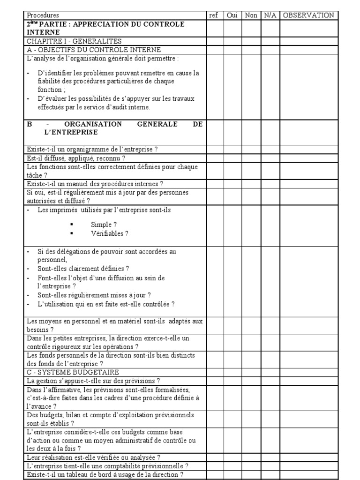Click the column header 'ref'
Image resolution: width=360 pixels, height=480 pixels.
[214, 15]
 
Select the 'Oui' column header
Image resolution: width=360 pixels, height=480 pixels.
[232, 15]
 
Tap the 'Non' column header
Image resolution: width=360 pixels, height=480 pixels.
[251, 15]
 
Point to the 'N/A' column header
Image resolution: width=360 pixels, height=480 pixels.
[270, 15]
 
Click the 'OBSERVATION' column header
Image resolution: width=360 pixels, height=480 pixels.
[308, 15]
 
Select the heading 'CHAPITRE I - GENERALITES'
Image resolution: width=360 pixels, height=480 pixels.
[67, 41]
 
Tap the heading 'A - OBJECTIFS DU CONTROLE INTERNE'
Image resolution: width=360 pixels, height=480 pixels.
[94, 50]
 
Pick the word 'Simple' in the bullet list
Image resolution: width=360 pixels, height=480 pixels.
[101, 225]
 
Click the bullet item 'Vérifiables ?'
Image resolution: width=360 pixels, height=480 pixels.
[110, 233]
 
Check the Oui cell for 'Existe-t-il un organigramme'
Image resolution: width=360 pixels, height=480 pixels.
[232, 150]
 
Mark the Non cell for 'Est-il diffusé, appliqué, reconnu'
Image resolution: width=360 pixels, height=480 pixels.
[251, 158]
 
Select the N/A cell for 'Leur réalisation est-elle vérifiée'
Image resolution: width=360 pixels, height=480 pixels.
[270, 457]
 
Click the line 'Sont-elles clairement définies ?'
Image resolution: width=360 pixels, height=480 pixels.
[83, 269]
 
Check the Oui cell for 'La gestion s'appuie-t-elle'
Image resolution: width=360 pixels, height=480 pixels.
[232, 381]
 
